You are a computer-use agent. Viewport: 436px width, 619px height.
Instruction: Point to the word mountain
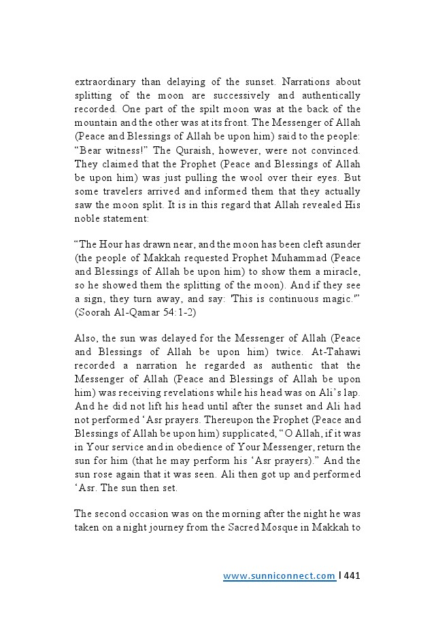point(95,122)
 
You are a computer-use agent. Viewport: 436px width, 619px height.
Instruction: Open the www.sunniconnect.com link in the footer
point(279,576)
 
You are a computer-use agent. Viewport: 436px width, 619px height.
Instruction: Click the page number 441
point(352,576)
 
